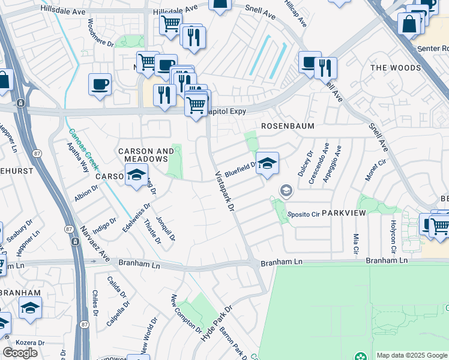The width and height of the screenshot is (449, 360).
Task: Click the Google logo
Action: [x=20, y=353]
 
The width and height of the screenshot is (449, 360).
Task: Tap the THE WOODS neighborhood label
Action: [x=396, y=68]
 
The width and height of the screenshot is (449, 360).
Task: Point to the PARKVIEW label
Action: [x=343, y=213]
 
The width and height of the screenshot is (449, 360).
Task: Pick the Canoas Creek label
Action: [x=83, y=150]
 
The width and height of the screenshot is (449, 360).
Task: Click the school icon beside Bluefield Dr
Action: [x=267, y=163]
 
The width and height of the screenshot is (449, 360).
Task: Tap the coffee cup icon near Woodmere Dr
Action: [x=100, y=84]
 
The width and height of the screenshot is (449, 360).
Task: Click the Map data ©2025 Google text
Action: [x=412, y=355]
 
